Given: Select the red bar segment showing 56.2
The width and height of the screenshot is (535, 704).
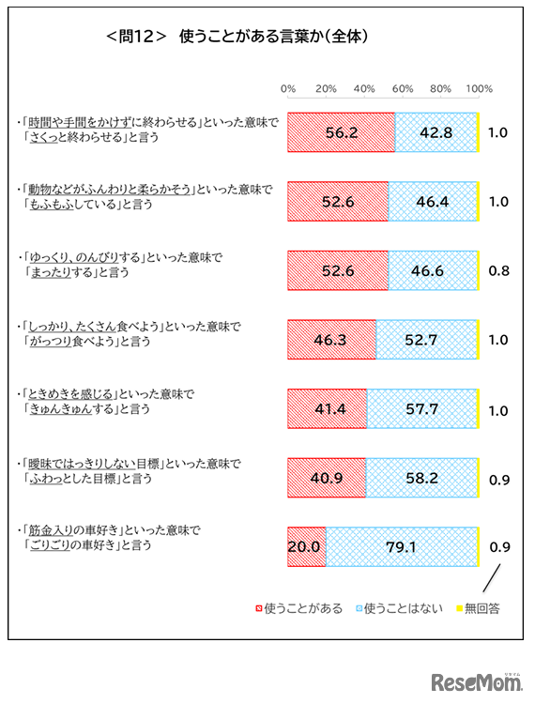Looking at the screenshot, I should pos(341,133).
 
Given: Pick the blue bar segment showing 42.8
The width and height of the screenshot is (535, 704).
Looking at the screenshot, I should pos(436,133).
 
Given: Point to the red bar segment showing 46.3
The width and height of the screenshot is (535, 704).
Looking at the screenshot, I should pos(331,340).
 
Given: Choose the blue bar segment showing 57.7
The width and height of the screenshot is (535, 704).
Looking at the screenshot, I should pos(421,409).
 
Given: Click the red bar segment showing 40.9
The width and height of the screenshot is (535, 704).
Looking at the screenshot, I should pos(326,478).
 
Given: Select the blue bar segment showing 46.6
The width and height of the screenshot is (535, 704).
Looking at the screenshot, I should pos(432,271).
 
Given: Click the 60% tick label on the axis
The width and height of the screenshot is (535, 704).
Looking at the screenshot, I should pos(403,88).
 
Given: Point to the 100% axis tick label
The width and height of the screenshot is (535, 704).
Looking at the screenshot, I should pos(479,88).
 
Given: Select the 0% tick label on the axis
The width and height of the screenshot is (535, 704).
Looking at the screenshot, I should pos(288,88).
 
